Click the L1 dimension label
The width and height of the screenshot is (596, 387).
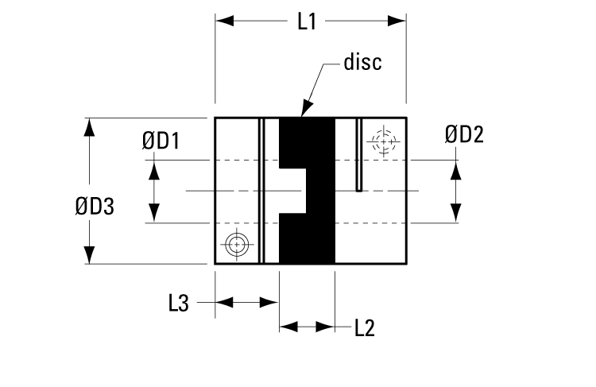(307, 21)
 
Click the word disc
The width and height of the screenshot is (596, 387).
(362, 62)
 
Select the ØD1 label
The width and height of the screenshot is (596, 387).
(161, 141)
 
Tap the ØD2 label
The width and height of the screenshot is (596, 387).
(464, 134)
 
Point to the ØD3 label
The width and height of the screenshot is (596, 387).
(95, 207)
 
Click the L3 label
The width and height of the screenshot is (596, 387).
(178, 303)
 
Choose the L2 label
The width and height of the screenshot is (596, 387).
(364, 327)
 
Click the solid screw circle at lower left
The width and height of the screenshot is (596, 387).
(236, 245)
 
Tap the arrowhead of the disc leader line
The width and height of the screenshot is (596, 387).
(305, 111)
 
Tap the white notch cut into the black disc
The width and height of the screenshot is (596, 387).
(292, 191)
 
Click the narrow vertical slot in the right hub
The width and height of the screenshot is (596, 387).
(359, 155)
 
